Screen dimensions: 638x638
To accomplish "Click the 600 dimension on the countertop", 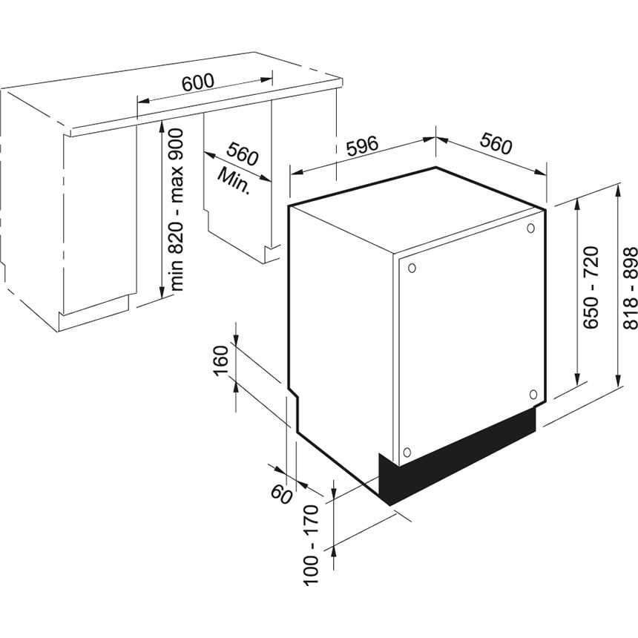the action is tap(198, 82).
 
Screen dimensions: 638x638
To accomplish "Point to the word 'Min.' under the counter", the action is tap(234, 180).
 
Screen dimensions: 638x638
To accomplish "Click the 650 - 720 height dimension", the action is tap(591, 287).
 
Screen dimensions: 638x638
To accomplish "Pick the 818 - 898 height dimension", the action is tap(630, 288).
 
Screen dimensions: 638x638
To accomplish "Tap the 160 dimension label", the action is tap(222, 361).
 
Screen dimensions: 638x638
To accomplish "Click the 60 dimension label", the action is tap(281, 494).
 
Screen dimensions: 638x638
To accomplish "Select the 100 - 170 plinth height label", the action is tap(311, 545).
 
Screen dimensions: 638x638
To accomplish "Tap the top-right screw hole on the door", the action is tap(530, 228).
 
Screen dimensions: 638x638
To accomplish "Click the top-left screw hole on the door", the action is tap(412, 268).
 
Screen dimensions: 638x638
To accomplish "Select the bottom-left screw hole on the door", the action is tap(406, 452).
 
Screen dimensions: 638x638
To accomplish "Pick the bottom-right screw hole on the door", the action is tap(533, 394).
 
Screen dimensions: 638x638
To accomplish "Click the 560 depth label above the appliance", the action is tap(495, 144).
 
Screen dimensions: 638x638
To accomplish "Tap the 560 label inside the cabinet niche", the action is tap(242, 154).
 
